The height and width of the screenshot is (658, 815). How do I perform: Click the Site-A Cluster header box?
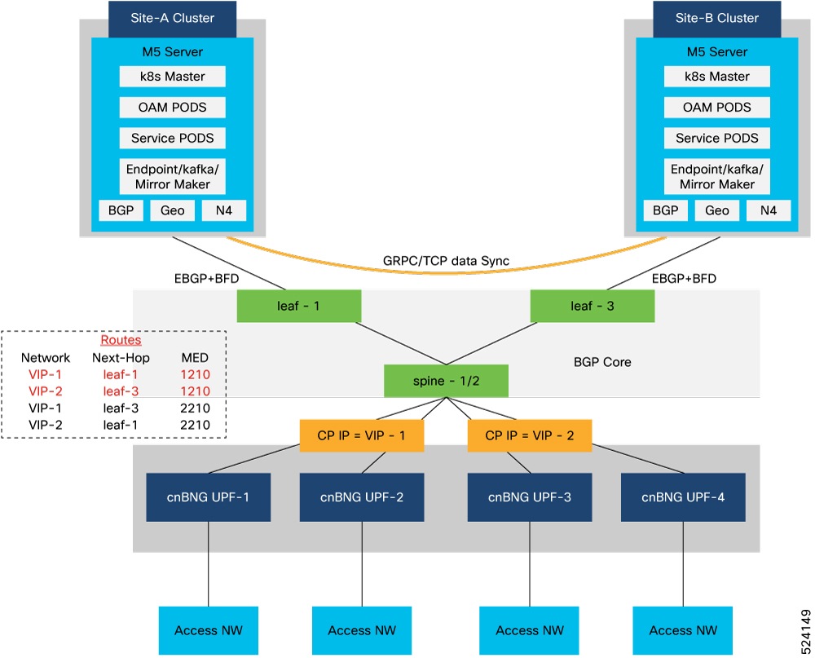coord(172,18)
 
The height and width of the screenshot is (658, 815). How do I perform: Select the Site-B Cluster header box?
coord(716,18)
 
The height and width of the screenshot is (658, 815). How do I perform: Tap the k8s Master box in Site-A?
coord(172,77)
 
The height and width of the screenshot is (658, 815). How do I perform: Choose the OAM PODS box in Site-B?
coord(716,108)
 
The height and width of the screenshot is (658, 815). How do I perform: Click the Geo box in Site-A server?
coord(172,210)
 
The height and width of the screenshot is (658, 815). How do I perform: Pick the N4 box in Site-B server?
coord(769,210)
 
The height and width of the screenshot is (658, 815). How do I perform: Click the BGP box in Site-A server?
coord(121,210)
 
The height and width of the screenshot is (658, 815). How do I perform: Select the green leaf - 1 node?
coord(298,307)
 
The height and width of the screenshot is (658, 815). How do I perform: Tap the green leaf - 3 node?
coord(592,307)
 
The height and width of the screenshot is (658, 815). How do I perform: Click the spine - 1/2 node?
coord(446,381)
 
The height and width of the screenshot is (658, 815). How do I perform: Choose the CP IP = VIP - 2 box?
coord(529,435)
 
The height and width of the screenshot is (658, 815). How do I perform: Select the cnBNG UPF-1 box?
coord(210,498)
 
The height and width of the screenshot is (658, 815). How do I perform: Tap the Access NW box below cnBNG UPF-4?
coord(682,629)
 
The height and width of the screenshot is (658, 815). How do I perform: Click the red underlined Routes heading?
coord(120,340)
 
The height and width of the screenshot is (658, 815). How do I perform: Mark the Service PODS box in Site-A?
coord(172,138)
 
